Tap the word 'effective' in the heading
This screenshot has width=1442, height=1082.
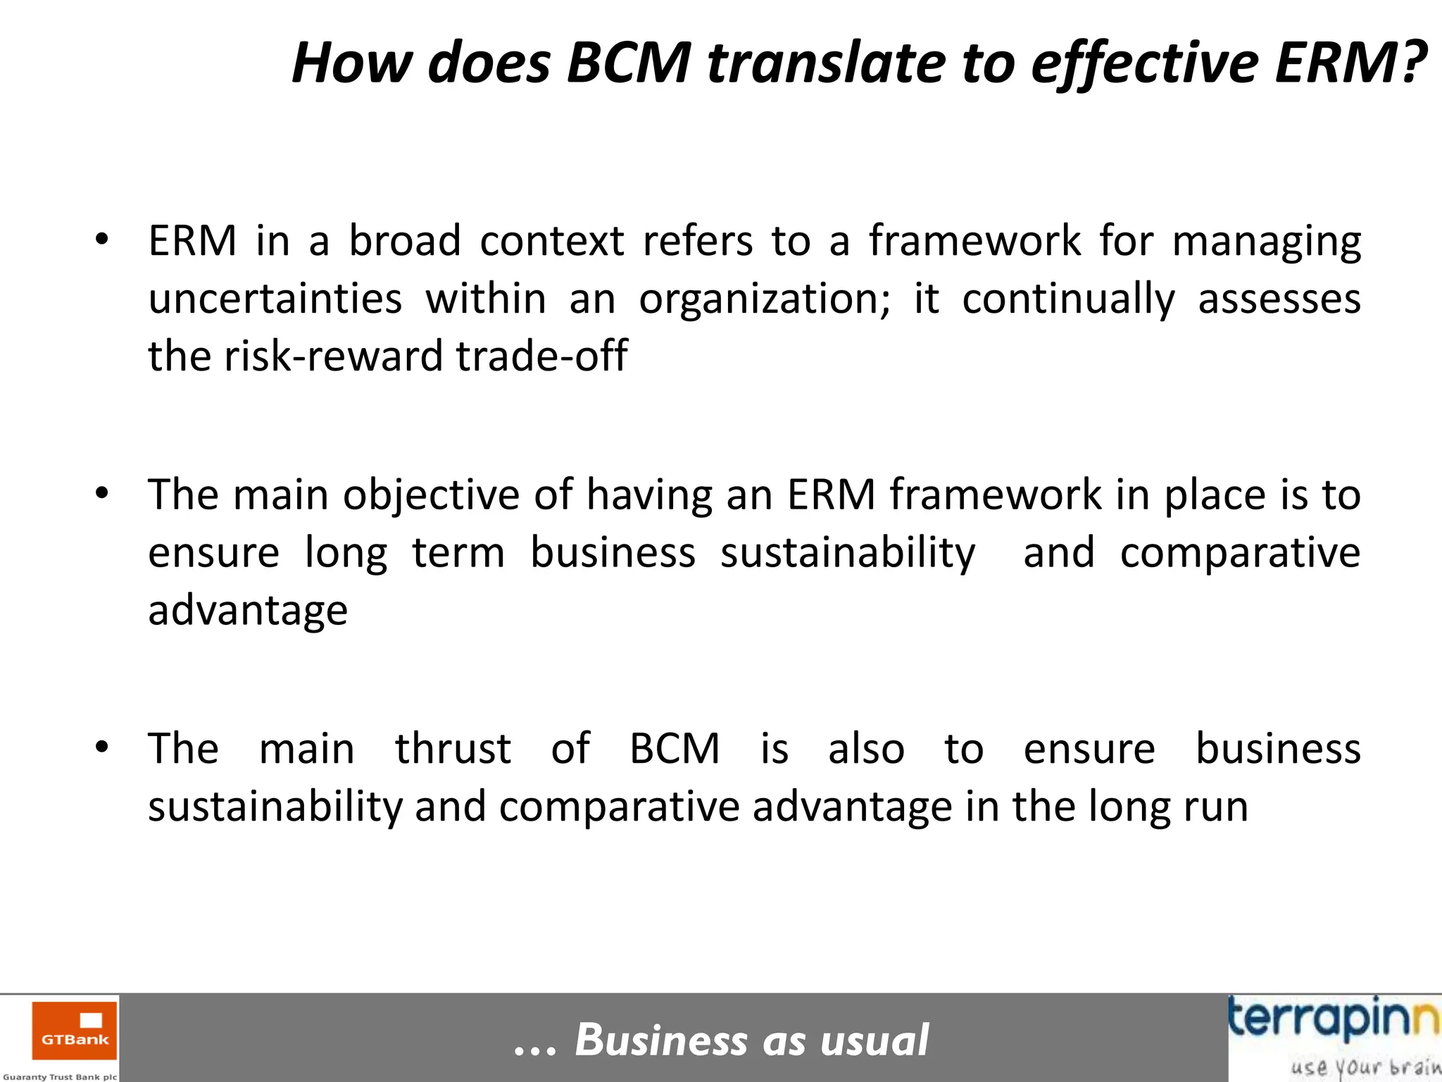click(1144, 64)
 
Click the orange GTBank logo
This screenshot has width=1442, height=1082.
click(75, 1031)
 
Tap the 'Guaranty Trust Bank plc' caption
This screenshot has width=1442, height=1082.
click(60, 1076)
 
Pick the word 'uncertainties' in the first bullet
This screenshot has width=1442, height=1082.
click(275, 299)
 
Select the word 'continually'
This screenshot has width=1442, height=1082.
click(1068, 299)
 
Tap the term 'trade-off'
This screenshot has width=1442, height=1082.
click(541, 356)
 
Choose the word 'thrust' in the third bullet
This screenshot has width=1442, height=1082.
click(453, 748)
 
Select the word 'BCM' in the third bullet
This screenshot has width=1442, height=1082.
click(675, 748)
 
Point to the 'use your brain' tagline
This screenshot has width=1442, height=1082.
click(1365, 1067)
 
